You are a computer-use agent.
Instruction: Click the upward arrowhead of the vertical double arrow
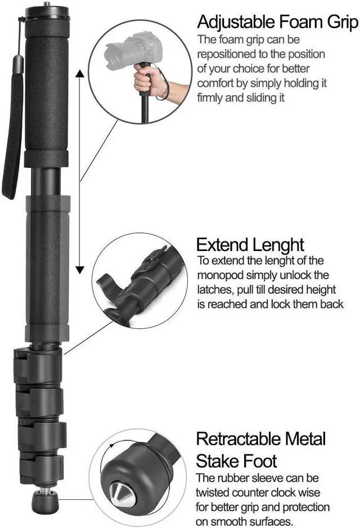(x=80, y=74)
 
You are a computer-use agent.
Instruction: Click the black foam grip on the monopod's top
(x=46, y=90)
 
